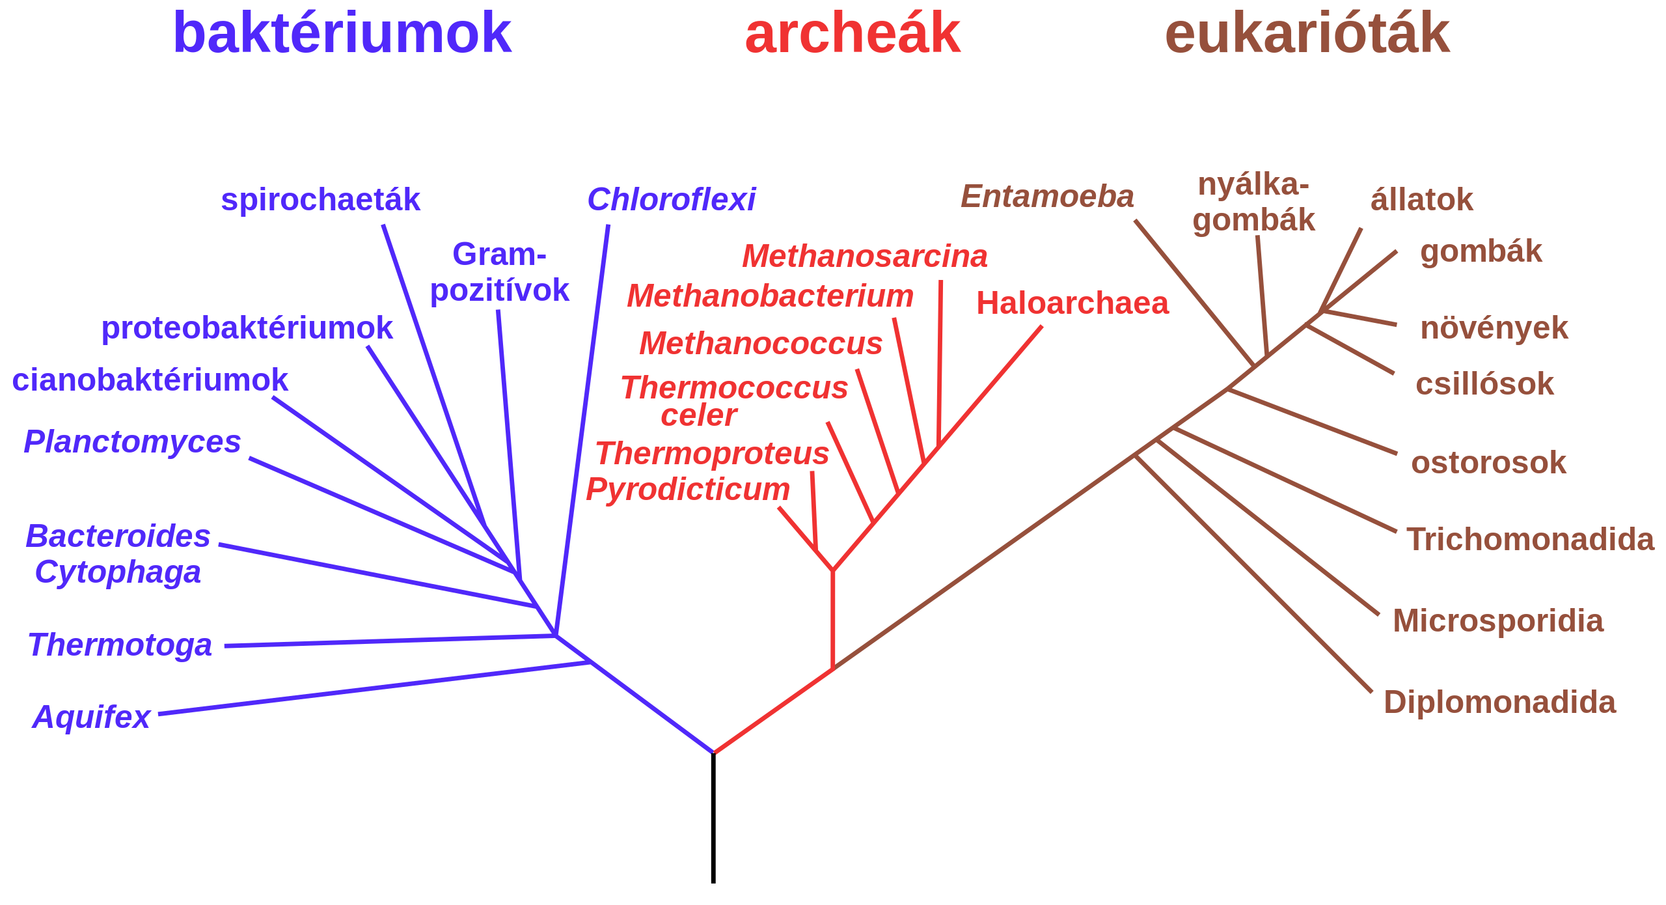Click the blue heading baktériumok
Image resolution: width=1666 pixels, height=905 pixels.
342,34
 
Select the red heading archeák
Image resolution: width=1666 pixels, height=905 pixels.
853,34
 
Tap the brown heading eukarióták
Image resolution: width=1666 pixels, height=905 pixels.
1307,34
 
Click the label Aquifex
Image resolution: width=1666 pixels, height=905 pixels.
91,717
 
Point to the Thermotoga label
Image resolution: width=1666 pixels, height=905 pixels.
120,645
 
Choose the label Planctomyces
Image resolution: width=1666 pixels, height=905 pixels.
132,442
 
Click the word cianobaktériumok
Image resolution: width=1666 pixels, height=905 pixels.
150,380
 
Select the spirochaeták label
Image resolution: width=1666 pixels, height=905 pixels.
320,200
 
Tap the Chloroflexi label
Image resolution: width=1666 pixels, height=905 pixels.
671,200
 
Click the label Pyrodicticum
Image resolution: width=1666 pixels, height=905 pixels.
688,490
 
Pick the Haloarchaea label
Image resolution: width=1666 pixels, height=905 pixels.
1072,303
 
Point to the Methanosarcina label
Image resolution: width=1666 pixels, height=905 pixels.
865,257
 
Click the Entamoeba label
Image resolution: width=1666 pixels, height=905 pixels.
1047,197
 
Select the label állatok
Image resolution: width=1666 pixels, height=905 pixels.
1421,200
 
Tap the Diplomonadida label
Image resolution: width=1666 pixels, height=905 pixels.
1499,703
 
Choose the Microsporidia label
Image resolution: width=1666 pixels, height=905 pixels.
1498,621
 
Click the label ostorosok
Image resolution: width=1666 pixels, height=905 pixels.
1488,463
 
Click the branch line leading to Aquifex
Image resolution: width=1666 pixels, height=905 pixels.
374,688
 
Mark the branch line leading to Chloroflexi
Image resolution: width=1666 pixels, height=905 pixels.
582,430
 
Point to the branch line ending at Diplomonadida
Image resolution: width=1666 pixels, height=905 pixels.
1253,574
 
